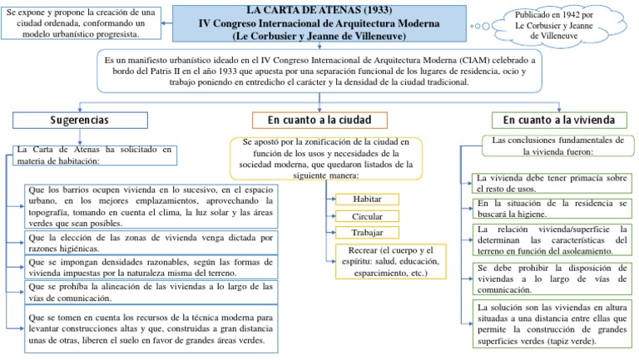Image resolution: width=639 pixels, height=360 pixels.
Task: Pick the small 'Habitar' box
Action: click(366, 200)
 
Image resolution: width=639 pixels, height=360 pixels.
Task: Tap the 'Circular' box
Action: click(366, 216)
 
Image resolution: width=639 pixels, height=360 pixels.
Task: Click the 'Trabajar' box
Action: click(366, 232)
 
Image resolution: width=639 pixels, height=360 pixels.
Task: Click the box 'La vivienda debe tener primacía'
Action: click(550, 183)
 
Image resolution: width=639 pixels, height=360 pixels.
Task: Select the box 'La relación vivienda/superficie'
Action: click(550, 240)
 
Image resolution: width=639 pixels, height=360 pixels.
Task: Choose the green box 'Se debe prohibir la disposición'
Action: click(550, 279)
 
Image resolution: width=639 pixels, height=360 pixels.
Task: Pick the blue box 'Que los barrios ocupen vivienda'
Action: click(151, 206)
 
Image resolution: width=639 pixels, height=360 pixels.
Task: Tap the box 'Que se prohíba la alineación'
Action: click(151, 292)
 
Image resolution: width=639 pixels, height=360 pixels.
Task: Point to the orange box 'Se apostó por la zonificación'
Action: click(327, 159)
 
